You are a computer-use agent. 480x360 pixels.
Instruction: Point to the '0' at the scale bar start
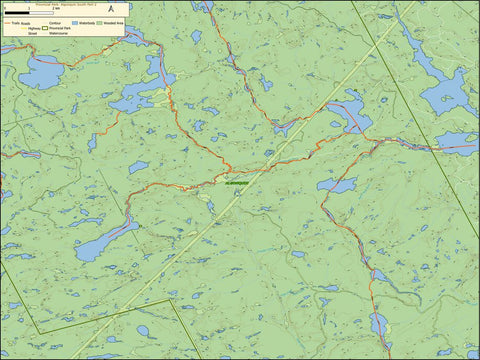[x=4, y=8]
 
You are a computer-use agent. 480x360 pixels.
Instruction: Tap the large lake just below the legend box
[x=40, y=73]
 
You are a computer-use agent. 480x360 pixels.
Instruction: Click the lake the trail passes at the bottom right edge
[x=379, y=324]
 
